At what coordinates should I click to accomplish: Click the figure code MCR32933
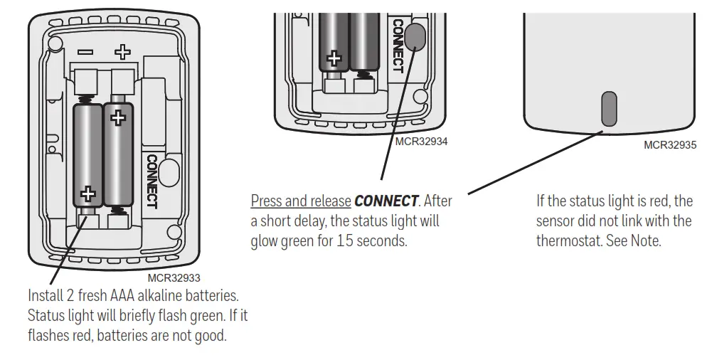tap(174, 278)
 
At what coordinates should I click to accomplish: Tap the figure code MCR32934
tap(421, 142)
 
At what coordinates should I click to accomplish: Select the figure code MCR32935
tap(669, 144)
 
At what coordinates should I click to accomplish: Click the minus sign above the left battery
tap(85, 52)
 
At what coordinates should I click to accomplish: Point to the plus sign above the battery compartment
tap(123, 52)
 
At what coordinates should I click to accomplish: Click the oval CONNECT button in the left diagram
tap(169, 172)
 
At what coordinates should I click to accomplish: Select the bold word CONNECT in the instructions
tap(386, 201)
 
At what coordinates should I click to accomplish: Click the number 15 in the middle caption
tap(346, 240)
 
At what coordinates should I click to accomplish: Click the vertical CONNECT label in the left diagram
tap(152, 181)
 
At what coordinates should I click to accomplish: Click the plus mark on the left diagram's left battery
tap(88, 193)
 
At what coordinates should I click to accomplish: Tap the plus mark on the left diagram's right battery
tap(119, 115)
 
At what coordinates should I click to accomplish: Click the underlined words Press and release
tap(301, 201)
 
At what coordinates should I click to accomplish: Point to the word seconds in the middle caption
tap(383, 240)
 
